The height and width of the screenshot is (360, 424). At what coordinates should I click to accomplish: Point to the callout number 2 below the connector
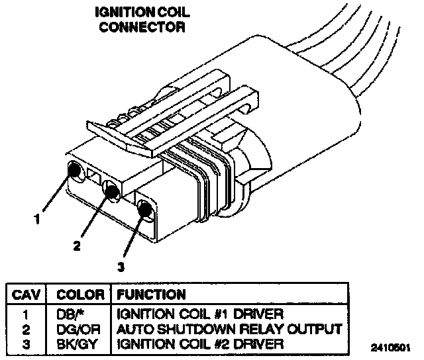[x=77, y=246]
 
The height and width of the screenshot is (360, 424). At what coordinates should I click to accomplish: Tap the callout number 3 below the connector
[x=121, y=267]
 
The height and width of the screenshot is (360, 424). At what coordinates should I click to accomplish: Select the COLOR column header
[x=80, y=294]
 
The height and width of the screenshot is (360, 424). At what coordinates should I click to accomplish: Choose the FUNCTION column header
[x=152, y=294]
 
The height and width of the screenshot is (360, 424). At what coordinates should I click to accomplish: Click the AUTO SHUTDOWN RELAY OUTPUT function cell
[x=229, y=328]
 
